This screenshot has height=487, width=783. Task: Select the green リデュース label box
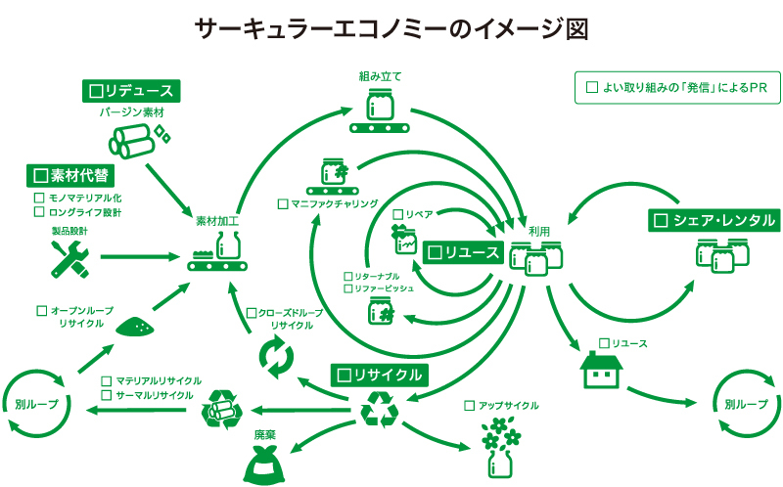click(129, 91)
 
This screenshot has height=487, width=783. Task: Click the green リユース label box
click(464, 253)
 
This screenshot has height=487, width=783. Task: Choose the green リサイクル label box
click(379, 375)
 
